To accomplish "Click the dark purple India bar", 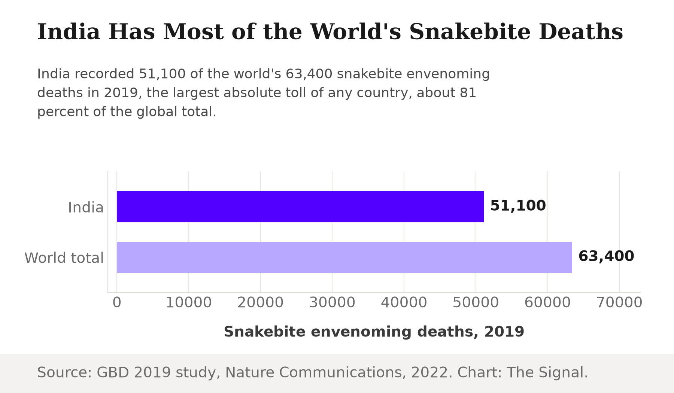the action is [x=300, y=207].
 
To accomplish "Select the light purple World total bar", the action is [x=344, y=257].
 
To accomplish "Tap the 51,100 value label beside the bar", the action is [x=518, y=206].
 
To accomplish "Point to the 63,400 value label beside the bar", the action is [x=606, y=256].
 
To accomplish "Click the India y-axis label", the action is [x=86, y=207].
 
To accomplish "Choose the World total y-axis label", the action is [x=64, y=258].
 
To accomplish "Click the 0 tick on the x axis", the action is [x=117, y=302].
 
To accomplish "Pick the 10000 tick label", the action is [x=189, y=302].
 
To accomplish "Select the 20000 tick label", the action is [x=261, y=302].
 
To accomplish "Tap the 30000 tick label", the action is [x=332, y=302].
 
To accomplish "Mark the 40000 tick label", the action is [x=404, y=302].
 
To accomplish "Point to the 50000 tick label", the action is [x=476, y=302].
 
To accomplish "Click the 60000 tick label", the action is [x=547, y=302].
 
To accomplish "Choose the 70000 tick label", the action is [x=619, y=302].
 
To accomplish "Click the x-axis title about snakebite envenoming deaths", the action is [x=374, y=332].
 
